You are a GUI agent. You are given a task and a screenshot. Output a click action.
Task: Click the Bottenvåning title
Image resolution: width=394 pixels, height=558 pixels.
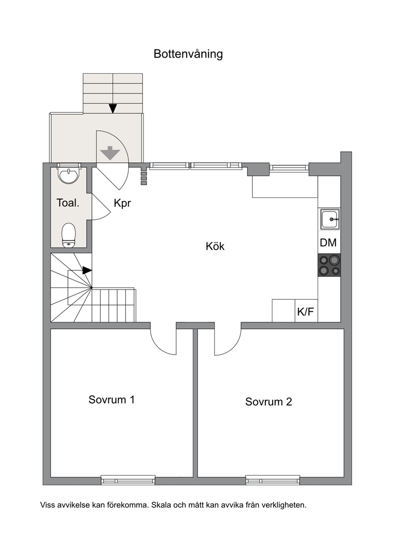pos(188,54)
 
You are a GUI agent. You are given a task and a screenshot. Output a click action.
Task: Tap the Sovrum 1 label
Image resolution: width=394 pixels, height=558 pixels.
pos(112,400)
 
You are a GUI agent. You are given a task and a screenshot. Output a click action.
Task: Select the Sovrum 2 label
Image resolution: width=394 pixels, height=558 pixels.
pos(269,402)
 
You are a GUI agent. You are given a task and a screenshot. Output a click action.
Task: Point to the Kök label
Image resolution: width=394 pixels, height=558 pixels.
pos(215,246)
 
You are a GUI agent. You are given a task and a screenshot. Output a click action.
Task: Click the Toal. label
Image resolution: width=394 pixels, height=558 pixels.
pos(68,203)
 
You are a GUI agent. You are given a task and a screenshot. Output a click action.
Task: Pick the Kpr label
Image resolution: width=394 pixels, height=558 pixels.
pos(122,203)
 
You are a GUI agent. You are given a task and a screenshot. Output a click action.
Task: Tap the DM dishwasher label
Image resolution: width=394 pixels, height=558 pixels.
pos(328,243)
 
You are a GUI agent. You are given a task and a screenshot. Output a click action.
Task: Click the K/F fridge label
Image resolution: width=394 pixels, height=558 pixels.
pos(306,312)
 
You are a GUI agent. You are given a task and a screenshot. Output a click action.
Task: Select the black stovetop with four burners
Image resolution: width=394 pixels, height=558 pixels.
pos(329,265)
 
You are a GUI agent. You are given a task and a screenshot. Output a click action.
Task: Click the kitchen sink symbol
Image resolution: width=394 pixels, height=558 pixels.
pos(330,219)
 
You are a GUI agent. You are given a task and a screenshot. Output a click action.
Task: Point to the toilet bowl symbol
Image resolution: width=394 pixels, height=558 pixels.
pos(69,235)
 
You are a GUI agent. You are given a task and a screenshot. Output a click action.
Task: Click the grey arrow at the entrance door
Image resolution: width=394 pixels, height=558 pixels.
pos(109,153)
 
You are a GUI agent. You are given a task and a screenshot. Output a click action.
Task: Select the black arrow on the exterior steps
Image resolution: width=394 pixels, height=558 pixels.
pos(113,108)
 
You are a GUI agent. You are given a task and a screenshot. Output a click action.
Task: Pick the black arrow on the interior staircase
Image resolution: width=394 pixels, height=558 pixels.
pos(87,270)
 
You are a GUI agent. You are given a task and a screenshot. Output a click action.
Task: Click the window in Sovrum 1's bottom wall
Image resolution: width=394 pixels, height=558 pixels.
pos(128,480)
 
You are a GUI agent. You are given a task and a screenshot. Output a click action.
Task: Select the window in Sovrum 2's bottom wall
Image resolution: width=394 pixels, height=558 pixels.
pos(273,480)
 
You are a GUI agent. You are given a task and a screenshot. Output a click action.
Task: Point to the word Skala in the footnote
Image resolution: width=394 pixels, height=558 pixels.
pos(161,505)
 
